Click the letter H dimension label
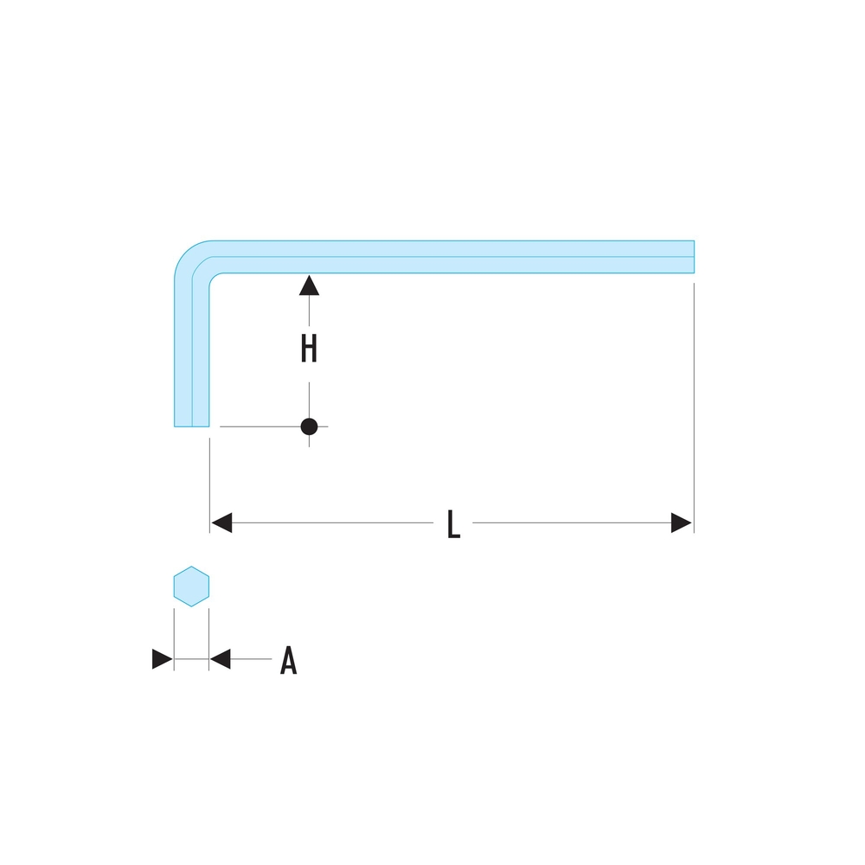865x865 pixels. click(x=309, y=349)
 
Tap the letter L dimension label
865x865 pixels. click(x=453, y=524)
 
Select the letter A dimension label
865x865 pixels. click(x=289, y=661)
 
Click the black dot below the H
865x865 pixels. click(x=309, y=426)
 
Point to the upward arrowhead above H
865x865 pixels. click(x=309, y=285)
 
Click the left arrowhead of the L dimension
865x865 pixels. click(x=221, y=523)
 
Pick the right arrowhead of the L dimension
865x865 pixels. click(x=682, y=523)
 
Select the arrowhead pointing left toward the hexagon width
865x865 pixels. click(x=221, y=660)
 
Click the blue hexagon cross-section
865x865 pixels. click(x=191, y=586)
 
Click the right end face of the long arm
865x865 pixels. click(x=694, y=257)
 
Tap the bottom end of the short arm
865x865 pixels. click(x=192, y=426)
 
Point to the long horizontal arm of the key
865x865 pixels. click(x=450, y=257)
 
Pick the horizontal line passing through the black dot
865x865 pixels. click(x=259, y=426)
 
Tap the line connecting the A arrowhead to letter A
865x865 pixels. click(x=251, y=660)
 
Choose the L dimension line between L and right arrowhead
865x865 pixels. click(x=571, y=523)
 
